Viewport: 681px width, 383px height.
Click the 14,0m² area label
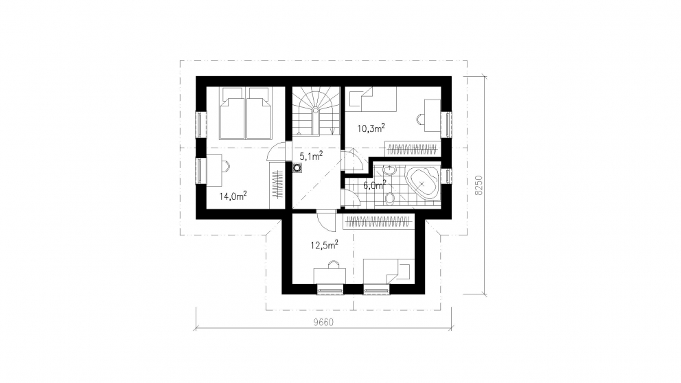tap(233, 196)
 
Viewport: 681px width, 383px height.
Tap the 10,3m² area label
tap(371, 128)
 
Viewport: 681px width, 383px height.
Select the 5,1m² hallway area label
tap(311, 155)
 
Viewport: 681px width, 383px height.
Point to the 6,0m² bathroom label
tap(374, 185)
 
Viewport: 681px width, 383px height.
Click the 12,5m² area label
tap(324, 245)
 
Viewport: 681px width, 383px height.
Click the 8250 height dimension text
tap(478, 185)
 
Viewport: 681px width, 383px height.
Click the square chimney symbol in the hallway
tap(297, 167)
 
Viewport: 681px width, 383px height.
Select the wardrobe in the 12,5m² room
tap(378, 222)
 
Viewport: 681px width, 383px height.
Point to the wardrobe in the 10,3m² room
tap(412, 149)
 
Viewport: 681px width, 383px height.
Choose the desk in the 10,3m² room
tap(432, 115)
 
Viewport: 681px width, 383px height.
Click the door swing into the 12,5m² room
tap(325, 221)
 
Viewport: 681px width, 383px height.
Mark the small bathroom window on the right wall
tap(446, 176)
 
